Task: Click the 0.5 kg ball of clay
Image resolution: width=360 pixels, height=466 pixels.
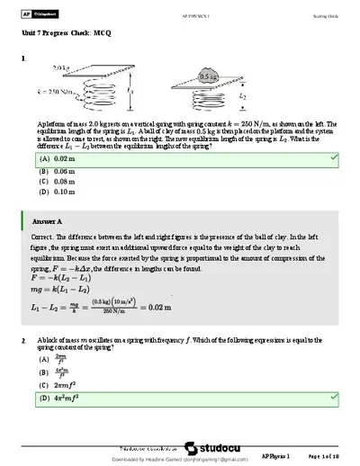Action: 210,77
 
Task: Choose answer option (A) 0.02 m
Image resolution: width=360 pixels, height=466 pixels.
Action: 56,157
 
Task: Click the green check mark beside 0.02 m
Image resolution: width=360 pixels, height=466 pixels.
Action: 334,157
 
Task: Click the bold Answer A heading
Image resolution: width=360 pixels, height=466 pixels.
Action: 47,220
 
